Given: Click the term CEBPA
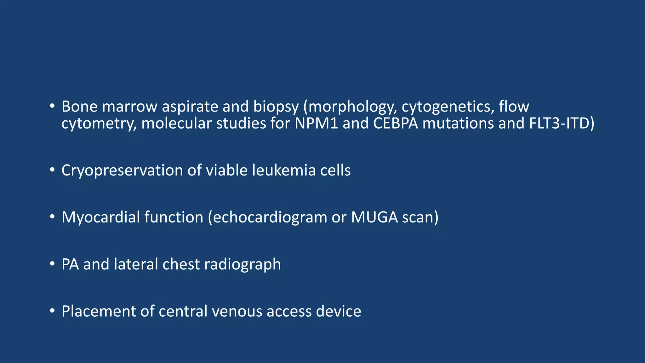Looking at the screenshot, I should pos(396,123).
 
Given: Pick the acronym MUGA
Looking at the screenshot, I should pos(374,217).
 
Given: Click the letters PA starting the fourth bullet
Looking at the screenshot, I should pos(70,264).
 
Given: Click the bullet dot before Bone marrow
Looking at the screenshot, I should pos(52,106).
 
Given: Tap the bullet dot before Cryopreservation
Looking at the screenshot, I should pos(52,170).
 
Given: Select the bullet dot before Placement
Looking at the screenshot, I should pos(52,311).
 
